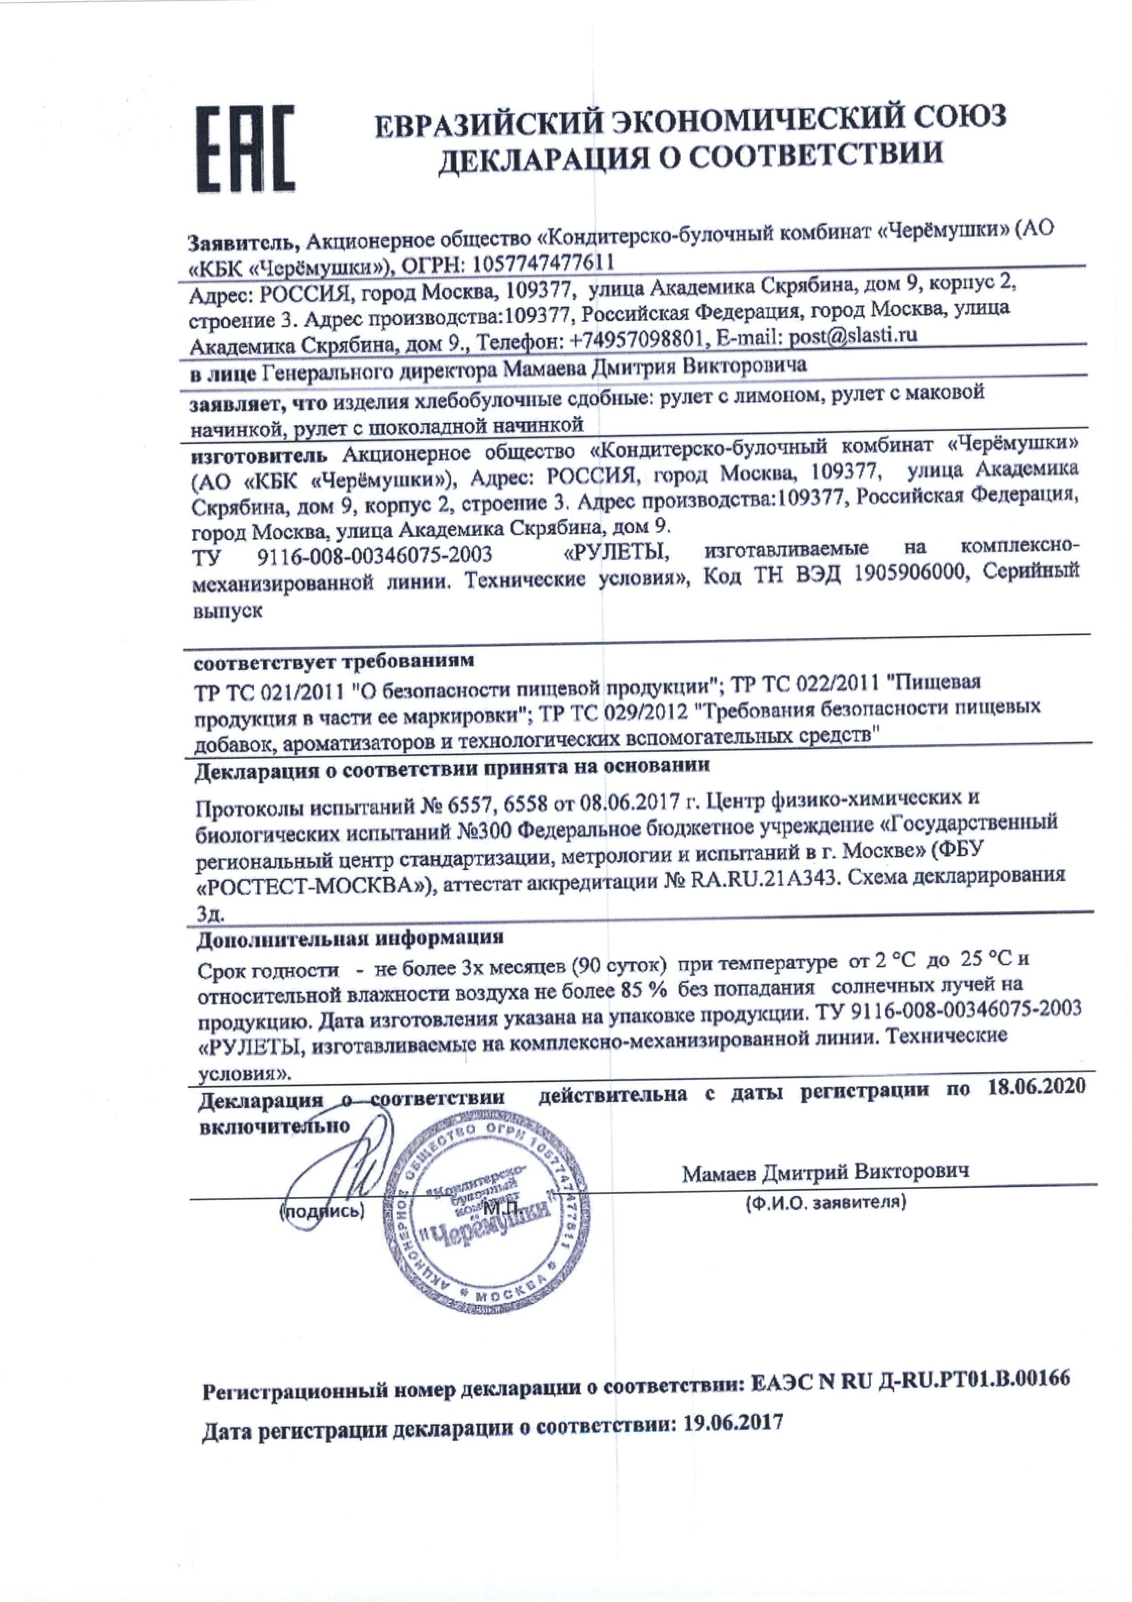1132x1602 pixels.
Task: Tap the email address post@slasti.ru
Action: [852, 336]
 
